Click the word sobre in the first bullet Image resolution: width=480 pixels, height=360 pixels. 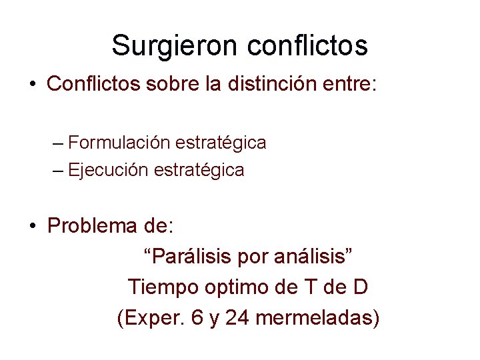coord(159,84)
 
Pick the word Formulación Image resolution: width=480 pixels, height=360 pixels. coord(119,143)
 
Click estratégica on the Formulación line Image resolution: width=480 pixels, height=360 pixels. coord(221,143)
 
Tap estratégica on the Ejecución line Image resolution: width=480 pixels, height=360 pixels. coord(199,170)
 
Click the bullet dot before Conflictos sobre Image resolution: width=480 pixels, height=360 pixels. coord(32,85)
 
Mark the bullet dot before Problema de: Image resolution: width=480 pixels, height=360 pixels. coord(32,226)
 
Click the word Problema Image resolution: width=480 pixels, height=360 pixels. coord(92,226)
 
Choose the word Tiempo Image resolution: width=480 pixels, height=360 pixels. coord(159,287)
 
